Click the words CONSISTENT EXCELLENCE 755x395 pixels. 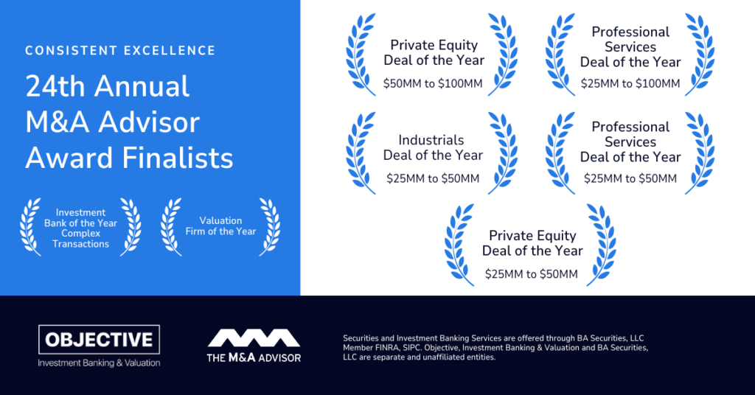pos(120,51)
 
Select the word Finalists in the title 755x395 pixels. pos(178,158)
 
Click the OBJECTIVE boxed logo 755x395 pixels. pos(100,340)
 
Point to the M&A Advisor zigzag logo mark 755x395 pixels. pos(254,338)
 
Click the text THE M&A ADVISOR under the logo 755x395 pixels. pos(254,357)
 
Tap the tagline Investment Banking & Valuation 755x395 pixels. pos(100,363)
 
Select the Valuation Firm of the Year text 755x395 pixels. pos(220,226)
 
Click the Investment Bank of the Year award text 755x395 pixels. pos(80,228)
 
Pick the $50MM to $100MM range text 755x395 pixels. pos(433,84)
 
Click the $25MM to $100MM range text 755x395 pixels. pos(630,84)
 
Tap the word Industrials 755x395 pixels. pos(431,140)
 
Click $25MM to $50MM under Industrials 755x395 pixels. pos(433,178)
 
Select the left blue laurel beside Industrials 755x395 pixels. pos(359,153)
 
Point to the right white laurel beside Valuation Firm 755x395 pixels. pos(269,226)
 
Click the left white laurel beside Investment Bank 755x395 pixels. pos(30,226)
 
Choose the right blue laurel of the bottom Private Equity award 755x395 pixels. pos(601,245)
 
